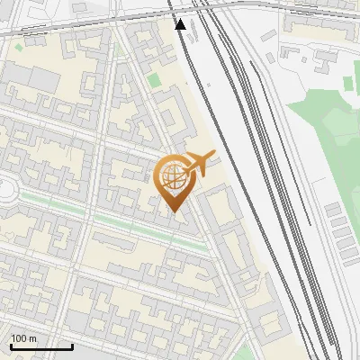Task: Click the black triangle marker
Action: point(180,24)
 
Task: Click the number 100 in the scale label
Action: point(18,338)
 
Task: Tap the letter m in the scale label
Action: point(31,338)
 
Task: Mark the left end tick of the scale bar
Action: point(11,346)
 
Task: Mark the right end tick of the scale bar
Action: point(72,346)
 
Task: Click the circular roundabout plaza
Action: point(4,191)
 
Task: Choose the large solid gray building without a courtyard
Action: point(45,82)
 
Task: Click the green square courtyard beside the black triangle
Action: point(154,80)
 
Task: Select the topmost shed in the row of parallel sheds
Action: point(334,210)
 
